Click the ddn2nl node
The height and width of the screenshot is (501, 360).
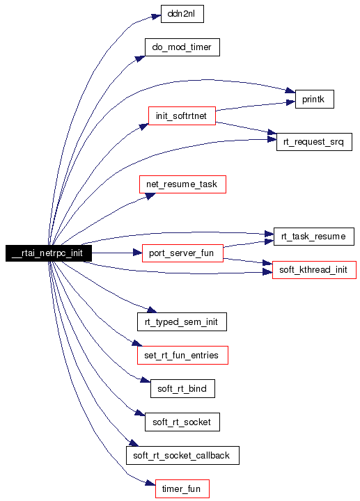coord(182,14)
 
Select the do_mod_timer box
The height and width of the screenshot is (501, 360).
coord(182,47)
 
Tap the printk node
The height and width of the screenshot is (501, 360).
coord(314,99)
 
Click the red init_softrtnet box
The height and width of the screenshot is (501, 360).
coord(182,116)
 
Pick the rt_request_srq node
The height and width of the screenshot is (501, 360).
coord(314,142)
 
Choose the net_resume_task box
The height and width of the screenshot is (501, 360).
coord(182,184)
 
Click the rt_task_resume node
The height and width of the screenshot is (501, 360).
coord(313,237)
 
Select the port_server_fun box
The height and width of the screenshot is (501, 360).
coord(182,253)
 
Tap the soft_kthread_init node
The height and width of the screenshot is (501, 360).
coord(314,270)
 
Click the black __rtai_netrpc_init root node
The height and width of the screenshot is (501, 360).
coord(49,253)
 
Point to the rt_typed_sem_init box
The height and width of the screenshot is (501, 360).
coord(182,321)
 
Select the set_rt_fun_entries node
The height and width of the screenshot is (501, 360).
coord(182,355)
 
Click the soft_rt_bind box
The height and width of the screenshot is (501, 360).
coord(182,388)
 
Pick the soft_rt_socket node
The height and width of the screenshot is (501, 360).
coord(182,422)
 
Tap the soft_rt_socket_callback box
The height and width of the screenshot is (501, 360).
coord(182,455)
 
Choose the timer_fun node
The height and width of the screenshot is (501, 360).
coord(182,489)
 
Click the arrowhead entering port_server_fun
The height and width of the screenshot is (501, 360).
coord(138,253)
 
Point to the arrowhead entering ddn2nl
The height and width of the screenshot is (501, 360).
coord(157,16)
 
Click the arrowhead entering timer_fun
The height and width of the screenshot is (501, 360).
coord(151,483)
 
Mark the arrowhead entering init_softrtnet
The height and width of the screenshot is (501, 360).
coord(144,127)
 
